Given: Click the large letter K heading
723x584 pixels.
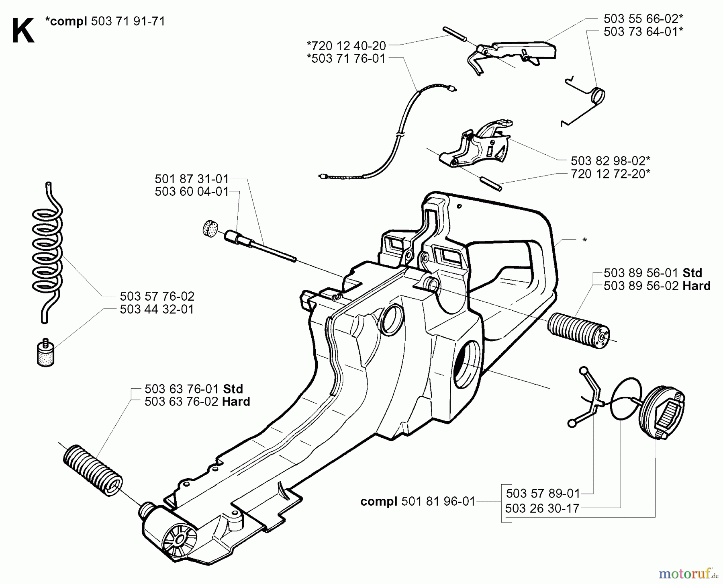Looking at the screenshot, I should pos(22,32).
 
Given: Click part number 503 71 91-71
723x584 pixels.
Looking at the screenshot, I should pos(128,21).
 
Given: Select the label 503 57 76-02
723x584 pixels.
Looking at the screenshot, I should pos(157,297).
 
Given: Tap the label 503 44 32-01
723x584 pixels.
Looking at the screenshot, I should pos(157,309).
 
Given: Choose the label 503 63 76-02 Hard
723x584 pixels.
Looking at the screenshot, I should pos(197,402).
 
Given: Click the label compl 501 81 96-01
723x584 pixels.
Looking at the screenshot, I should pos(418,502).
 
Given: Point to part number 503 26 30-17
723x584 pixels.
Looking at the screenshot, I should pos(542,509).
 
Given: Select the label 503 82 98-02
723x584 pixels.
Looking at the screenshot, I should pos(611,161).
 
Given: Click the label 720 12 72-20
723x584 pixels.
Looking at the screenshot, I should pos(611,174).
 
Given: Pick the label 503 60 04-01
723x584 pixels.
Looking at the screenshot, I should pos(192,192).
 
